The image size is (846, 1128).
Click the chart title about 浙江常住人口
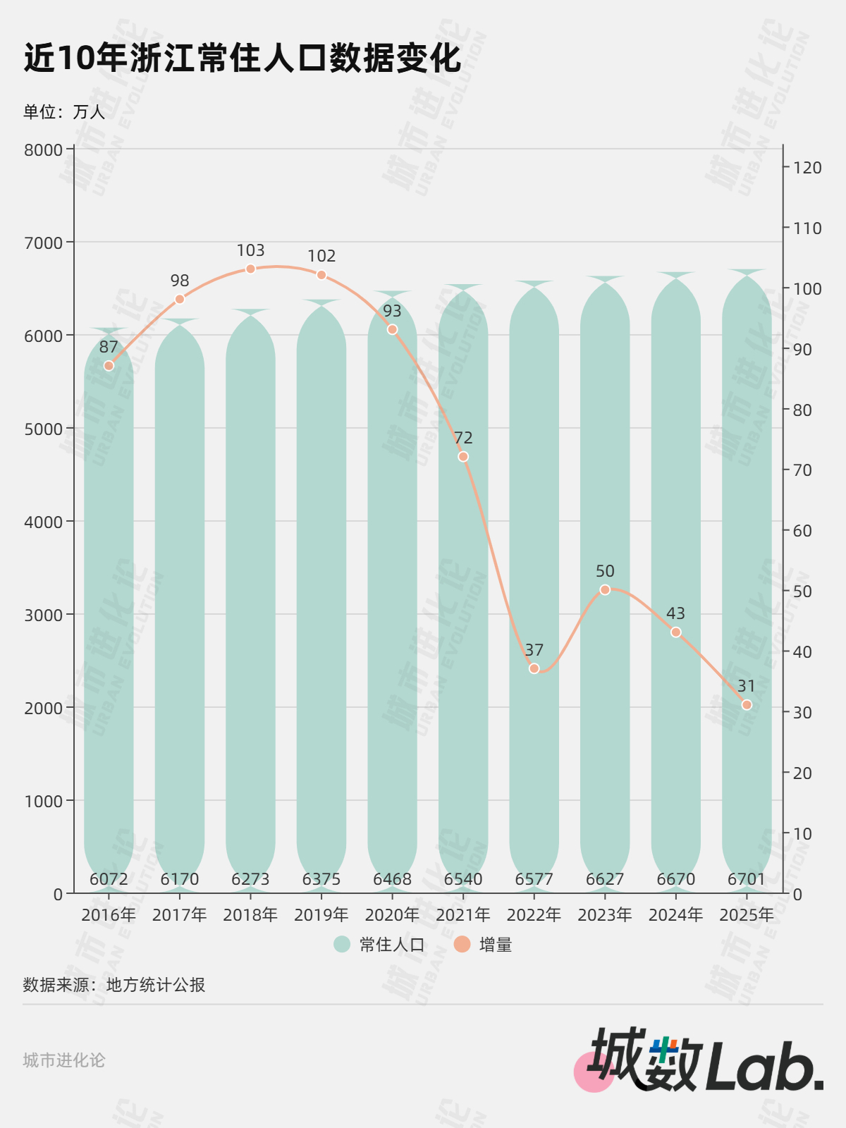point(243,58)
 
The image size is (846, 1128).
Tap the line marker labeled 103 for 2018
point(250,269)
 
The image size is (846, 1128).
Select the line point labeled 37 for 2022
point(534,668)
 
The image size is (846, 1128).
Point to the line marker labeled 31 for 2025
point(747,705)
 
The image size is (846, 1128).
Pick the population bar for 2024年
point(675,578)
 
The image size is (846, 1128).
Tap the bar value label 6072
point(109,879)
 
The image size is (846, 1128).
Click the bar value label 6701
point(747,879)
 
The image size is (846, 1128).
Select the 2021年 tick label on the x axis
point(463,915)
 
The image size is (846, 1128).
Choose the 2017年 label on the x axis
point(180,915)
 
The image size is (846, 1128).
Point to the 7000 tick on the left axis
point(44,243)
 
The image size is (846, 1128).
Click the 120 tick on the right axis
point(807,168)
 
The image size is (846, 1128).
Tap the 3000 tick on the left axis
point(44,615)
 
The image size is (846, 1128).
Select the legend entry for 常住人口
point(380,945)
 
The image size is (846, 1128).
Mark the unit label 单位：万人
point(64,112)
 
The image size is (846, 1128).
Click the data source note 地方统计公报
point(114,985)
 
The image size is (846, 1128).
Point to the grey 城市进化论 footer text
point(64,1060)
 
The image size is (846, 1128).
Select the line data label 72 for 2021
point(463,438)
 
